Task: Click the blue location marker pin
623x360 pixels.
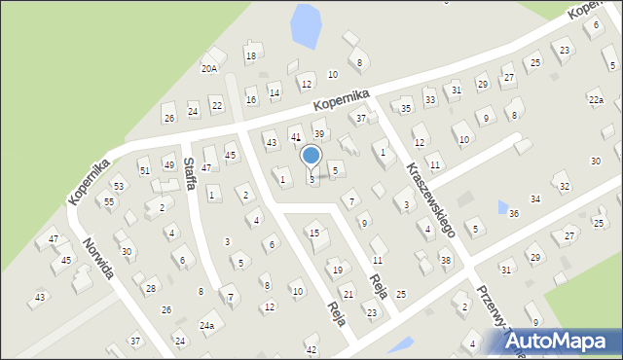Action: click(x=311, y=156)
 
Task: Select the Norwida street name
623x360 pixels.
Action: click(x=100, y=258)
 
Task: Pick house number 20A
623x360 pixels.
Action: click(x=209, y=68)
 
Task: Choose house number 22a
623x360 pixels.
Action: click(x=596, y=100)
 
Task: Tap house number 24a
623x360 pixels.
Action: click(x=206, y=326)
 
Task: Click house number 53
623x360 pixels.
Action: click(x=119, y=186)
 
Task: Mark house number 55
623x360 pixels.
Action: click(x=109, y=201)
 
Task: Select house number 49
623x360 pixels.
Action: click(x=168, y=164)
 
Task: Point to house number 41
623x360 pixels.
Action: click(x=296, y=137)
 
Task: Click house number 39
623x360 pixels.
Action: click(x=318, y=133)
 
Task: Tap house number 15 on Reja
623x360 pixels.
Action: click(x=313, y=233)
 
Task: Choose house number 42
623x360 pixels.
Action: click(x=311, y=349)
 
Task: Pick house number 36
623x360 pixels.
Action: click(x=513, y=213)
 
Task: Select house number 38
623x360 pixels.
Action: click(x=445, y=261)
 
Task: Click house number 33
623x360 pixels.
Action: click(x=429, y=99)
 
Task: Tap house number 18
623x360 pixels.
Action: click(x=250, y=56)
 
